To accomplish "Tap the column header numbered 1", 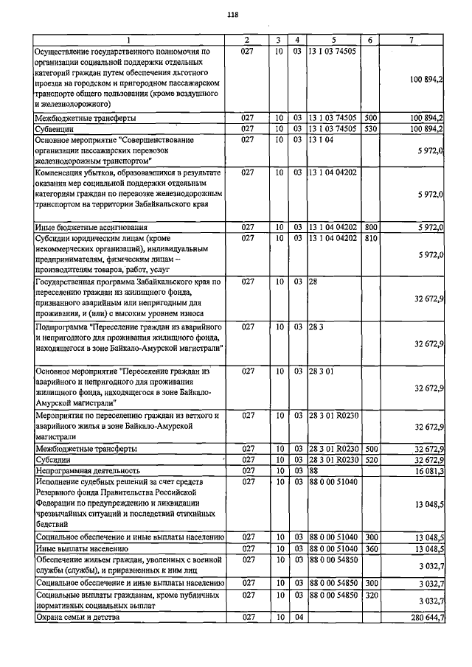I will pyautogui.click(x=127, y=40).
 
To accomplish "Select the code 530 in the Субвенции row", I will pyautogui.click(x=371, y=129).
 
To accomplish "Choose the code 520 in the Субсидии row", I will pyautogui.click(x=371, y=459).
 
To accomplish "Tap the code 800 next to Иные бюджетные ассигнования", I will pyautogui.click(x=371, y=228).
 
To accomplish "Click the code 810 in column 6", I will pyautogui.click(x=371, y=239).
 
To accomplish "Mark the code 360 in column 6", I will pyautogui.click(x=371, y=549).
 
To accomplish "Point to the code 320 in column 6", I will pyautogui.click(x=371, y=593).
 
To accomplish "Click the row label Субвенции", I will pyautogui.click(x=57, y=129).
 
